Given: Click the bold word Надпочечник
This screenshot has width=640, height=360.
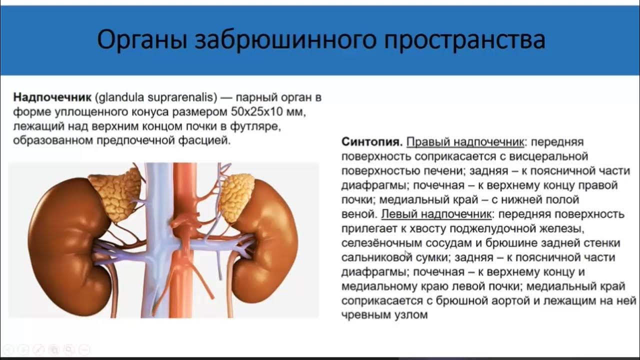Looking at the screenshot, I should (52, 97).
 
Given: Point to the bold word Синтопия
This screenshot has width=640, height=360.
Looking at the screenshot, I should (371, 142).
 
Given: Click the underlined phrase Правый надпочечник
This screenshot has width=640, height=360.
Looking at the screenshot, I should (465, 142).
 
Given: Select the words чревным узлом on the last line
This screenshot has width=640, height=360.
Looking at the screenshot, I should (384, 315).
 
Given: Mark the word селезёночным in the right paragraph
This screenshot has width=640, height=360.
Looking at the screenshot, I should (376, 243).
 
